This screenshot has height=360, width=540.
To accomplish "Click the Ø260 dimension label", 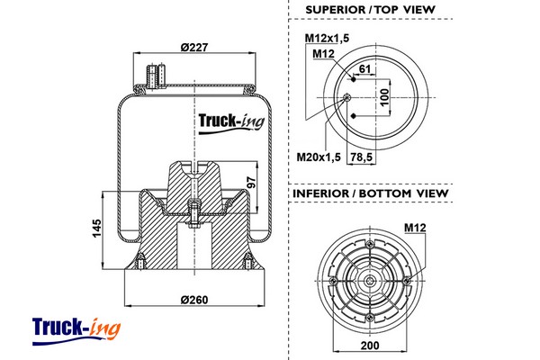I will point(194,300).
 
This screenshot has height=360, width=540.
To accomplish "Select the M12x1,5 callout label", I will point(325,39).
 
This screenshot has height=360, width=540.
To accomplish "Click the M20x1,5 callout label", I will point(319,158).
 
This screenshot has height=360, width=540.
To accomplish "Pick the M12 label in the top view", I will point(324,54).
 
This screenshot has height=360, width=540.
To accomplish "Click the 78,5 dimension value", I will point(361,157).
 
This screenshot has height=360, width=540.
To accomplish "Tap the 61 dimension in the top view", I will point(364,69).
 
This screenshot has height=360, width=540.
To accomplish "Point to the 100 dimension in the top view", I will point(384,96).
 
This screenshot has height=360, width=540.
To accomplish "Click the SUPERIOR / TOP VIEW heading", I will point(370,10).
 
